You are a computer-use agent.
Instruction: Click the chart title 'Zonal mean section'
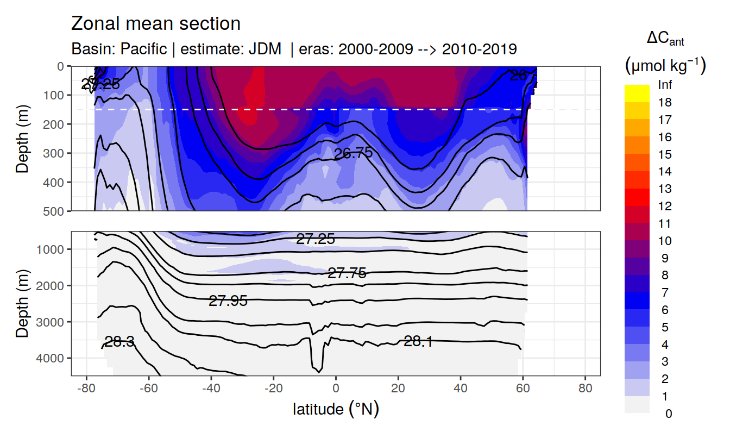click(x=156, y=24)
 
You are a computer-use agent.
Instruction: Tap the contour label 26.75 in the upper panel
click(x=354, y=153)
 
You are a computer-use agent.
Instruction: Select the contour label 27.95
click(x=228, y=301)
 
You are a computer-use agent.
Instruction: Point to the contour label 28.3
click(x=119, y=342)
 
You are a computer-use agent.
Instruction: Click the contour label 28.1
click(x=418, y=341)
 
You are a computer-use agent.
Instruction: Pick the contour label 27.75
click(x=347, y=273)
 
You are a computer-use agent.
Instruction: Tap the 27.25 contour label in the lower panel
click(x=316, y=239)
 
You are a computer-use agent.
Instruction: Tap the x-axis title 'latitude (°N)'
click(x=336, y=409)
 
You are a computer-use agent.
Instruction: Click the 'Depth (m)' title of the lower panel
click(x=22, y=303)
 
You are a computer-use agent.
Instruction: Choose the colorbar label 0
click(x=668, y=414)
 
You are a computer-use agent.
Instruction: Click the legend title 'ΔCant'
click(x=665, y=39)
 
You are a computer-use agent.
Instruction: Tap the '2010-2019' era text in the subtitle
click(x=480, y=49)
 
